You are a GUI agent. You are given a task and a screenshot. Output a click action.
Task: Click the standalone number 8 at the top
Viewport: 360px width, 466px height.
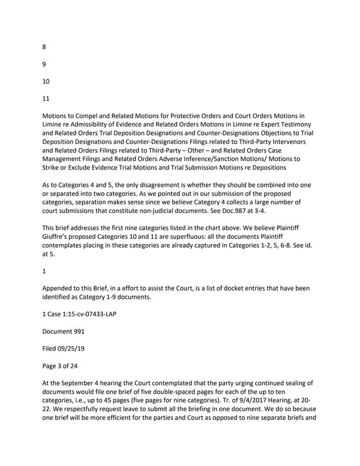(45, 47)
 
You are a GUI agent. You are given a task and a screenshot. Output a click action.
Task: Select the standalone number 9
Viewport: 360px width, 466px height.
(45, 64)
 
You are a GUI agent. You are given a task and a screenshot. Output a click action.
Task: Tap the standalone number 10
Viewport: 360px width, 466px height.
(46, 81)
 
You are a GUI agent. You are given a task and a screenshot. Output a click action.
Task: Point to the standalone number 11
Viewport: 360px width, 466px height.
(46, 98)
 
